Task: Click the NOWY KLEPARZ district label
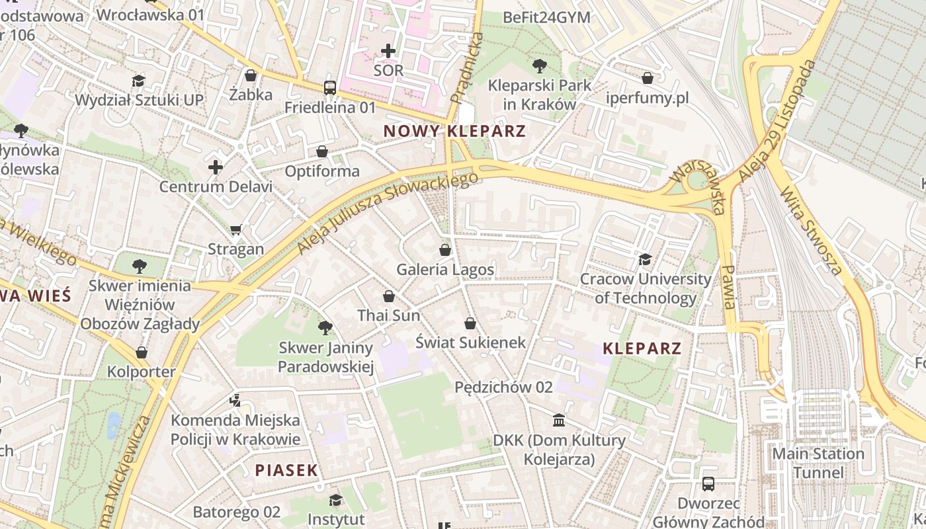(454, 131)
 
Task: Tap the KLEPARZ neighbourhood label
(642, 348)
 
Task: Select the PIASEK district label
(286, 470)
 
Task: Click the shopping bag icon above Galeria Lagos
(445, 250)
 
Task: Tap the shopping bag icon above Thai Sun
(389, 296)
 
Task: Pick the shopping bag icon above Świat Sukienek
(470, 323)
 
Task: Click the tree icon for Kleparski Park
(539, 65)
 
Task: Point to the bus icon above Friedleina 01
(329, 87)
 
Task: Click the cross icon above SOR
(388, 50)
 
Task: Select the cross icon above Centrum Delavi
(216, 167)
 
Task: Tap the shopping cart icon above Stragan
(235, 229)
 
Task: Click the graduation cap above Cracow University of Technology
(645, 259)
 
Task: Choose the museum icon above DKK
(559, 421)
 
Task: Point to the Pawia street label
(728, 287)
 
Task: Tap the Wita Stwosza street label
(812, 231)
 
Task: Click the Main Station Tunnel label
(818, 463)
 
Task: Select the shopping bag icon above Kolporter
(141, 352)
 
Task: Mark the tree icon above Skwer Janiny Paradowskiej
(325, 327)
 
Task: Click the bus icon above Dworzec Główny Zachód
(708, 483)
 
